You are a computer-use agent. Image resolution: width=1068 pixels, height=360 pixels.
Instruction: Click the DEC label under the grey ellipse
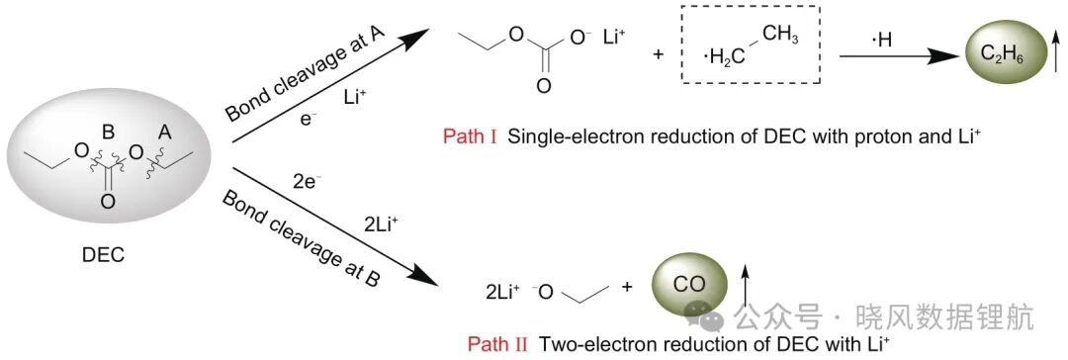click(103, 256)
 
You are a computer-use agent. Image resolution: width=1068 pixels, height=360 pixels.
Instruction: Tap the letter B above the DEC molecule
click(107, 130)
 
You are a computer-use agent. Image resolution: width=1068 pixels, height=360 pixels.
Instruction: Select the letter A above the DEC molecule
click(164, 133)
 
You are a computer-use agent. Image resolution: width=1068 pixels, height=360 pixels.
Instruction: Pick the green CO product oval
click(690, 284)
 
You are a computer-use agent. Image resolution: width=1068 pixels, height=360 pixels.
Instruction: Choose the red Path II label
click(497, 343)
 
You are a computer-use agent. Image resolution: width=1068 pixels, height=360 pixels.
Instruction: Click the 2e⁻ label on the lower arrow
click(307, 183)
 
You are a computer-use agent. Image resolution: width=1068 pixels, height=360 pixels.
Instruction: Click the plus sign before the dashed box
click(658, 54)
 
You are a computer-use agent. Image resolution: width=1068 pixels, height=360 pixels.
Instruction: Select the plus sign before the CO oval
click(627, 287)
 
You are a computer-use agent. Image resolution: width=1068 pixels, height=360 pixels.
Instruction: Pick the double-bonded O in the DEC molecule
click(107, 202)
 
